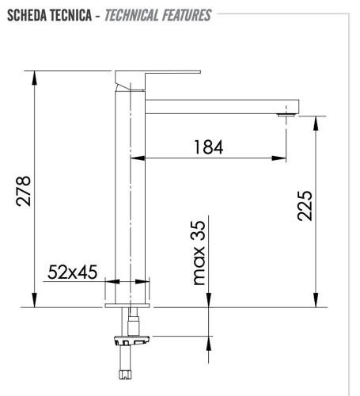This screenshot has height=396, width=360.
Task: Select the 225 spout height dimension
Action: tap(304, 205)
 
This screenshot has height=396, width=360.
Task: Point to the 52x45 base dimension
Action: tap(72, 272)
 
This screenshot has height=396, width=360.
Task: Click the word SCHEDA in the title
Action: tap(28, 15)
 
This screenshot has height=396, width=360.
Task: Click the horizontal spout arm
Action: tap(222, 105)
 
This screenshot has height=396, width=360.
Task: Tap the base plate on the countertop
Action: tap(127, 303)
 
